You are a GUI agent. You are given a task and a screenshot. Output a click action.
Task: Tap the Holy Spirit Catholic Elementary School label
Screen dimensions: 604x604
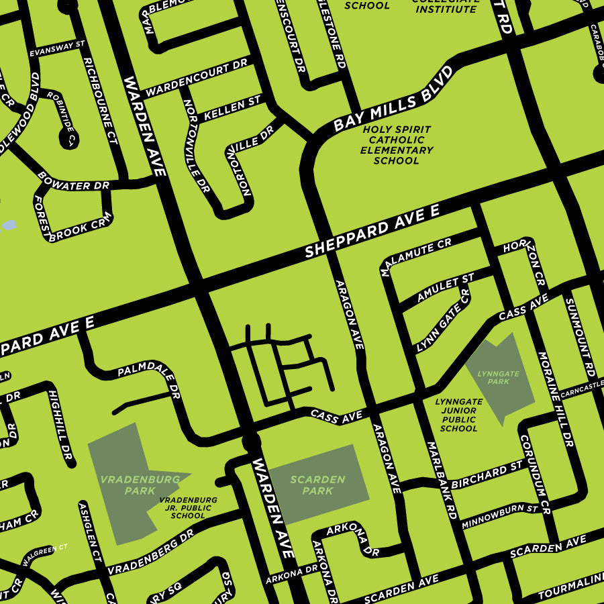tap(396, 145)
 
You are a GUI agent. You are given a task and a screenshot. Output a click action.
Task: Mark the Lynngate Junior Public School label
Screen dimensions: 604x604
tap(459, 415)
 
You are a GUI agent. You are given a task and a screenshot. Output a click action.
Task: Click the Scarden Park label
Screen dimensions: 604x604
tap(317, 485)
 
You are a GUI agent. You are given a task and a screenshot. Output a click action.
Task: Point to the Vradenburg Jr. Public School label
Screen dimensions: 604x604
tap(188, 508)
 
